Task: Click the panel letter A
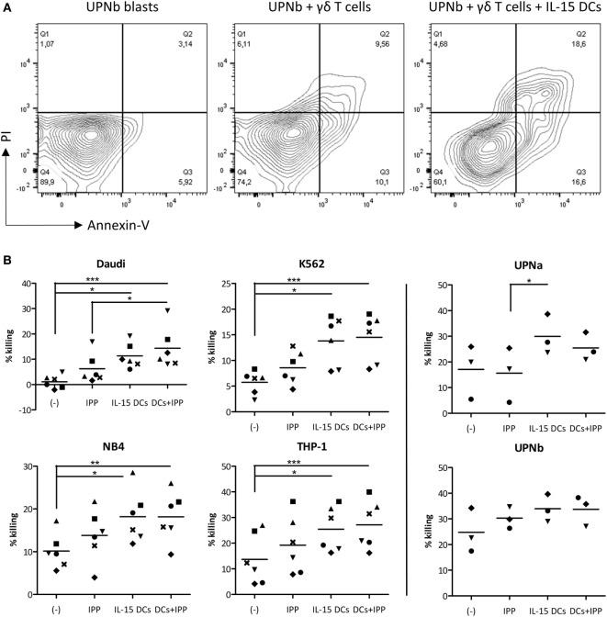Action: coord(7,7)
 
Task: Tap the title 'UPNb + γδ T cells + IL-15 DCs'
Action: coord(511,7)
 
